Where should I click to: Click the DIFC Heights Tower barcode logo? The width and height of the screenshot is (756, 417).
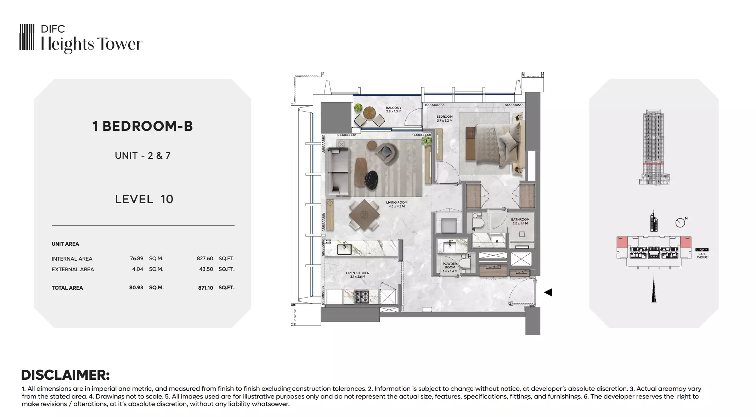(x=27, y=37)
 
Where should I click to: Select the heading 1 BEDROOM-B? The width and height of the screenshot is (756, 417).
(x=142, y=126)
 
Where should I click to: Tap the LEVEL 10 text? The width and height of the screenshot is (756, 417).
(x=144, y=199)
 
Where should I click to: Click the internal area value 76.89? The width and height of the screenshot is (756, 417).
(x=136, y=258)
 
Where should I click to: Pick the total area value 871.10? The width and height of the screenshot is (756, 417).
(x=205, y=288)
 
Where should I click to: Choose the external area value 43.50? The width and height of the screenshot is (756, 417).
(x=206, y=269)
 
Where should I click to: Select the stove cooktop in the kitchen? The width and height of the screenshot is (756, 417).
(x=362, y=296)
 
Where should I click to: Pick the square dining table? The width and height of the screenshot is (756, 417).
(x=364, y=214)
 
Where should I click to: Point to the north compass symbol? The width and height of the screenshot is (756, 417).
(x=681, y=222)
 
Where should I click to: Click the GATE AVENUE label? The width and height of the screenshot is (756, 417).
(x=701, y=255)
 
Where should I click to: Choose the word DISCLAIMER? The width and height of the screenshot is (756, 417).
(x=66, y=375)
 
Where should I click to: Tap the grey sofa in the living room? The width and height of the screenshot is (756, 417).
(x=338, y=171)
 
